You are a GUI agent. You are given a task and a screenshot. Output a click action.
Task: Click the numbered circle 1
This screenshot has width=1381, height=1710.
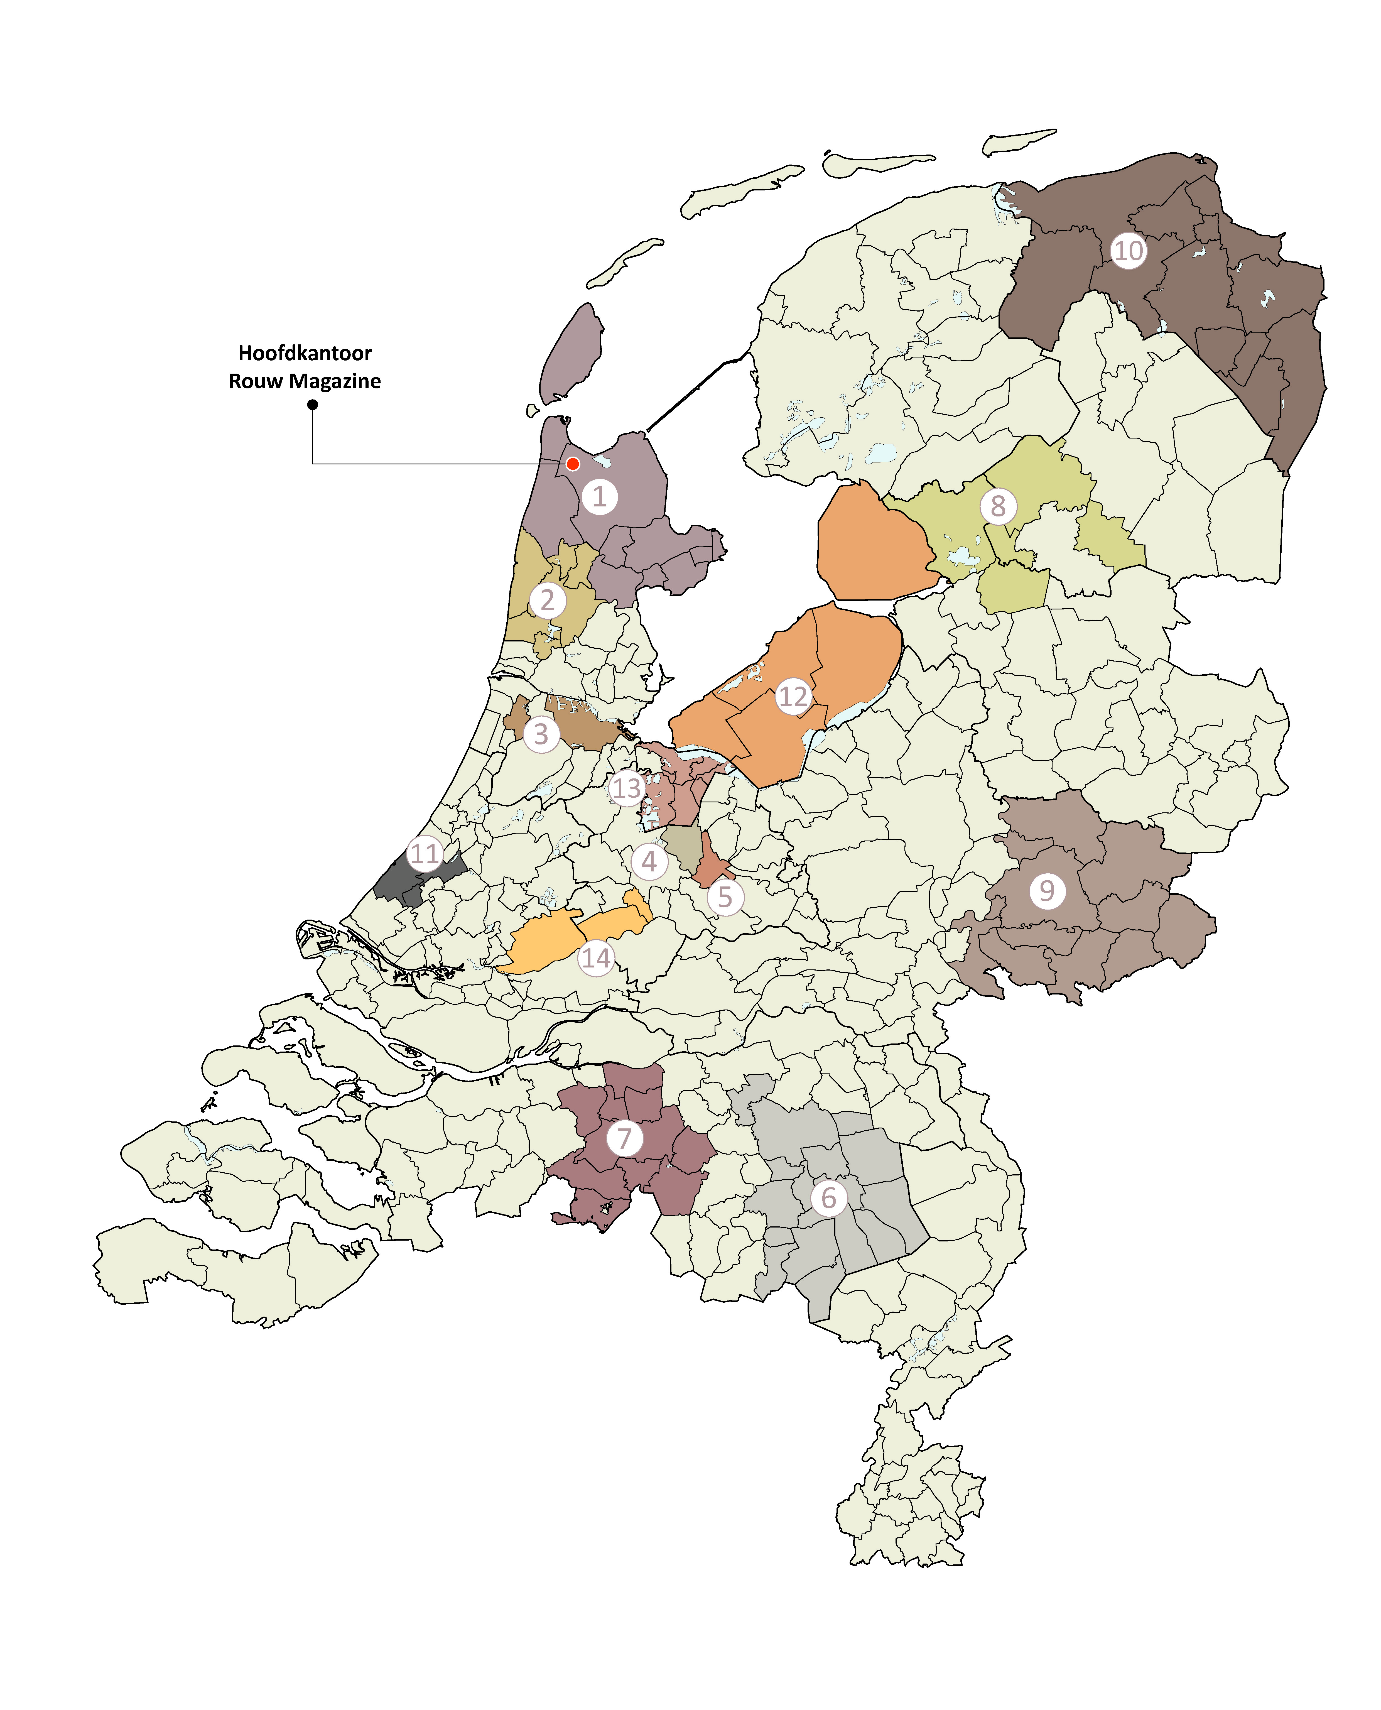(599, 496)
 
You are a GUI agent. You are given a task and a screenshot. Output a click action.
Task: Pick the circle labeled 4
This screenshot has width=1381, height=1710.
(649, 861)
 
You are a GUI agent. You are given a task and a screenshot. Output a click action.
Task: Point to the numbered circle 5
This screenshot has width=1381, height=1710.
(725, 897)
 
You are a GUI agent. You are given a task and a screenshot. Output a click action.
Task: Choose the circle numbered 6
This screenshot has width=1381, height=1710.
(828, 1197)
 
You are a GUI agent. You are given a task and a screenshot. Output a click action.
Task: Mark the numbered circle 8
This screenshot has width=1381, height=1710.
(998, 505)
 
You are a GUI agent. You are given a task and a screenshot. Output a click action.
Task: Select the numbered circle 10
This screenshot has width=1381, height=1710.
(1128, 251)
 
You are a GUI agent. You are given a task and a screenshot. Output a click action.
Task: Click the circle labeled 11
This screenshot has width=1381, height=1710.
(425, 854)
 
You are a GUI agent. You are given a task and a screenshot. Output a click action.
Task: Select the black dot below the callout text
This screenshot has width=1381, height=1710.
(313, 405)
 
